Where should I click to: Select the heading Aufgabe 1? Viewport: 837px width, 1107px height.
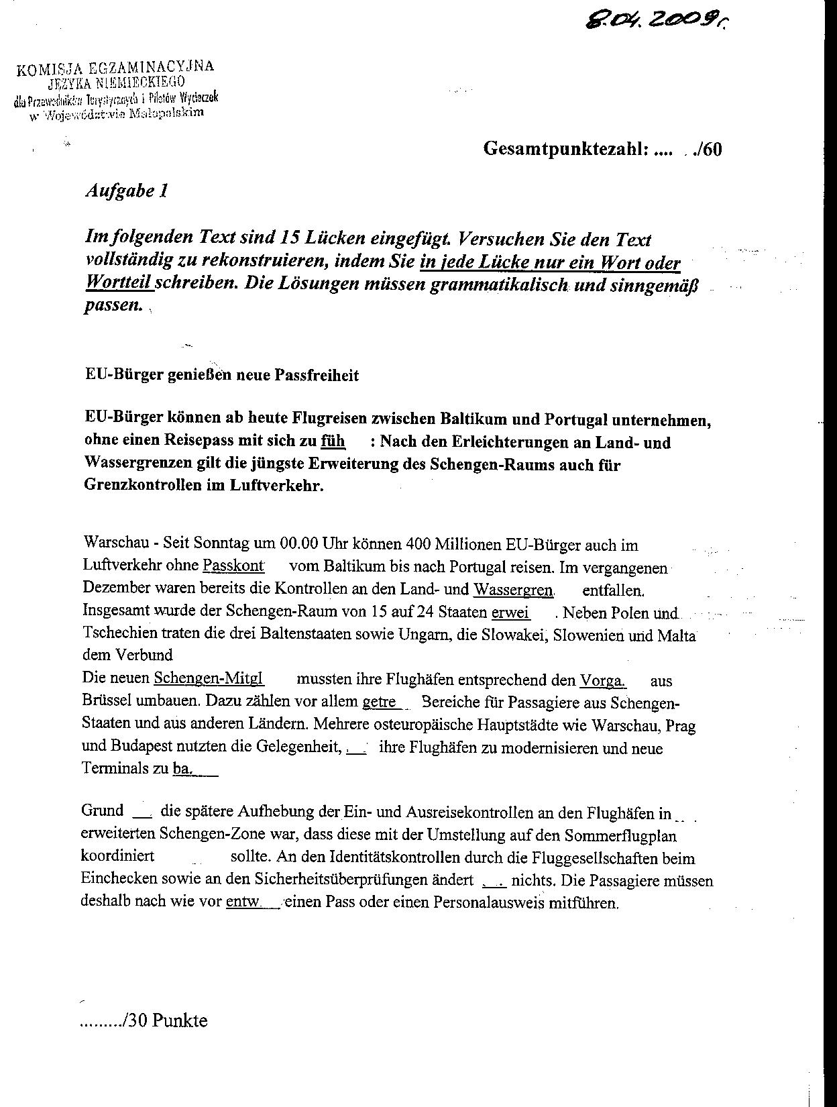(x=127, y=191)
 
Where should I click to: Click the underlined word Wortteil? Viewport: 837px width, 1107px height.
(x=119, y=284)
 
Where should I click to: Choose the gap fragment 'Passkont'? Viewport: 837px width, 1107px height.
(x=233, y=566)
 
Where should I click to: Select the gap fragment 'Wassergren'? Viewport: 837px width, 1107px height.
(x=513, y=590)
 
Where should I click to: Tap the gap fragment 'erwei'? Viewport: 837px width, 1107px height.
(x=511, y=613)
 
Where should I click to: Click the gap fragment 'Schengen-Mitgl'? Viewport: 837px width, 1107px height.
(x=209, y=678)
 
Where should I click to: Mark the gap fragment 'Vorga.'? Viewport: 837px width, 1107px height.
(x=602, y=681)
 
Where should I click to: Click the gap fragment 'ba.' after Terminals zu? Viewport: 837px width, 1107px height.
(x=183, y=769)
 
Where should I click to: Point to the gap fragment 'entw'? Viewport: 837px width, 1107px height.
(x=242, y=902)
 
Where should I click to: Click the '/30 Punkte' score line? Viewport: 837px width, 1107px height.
(x=144, y=1021)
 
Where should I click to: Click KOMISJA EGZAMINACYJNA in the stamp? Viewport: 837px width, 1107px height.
(x=115, y=68)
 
